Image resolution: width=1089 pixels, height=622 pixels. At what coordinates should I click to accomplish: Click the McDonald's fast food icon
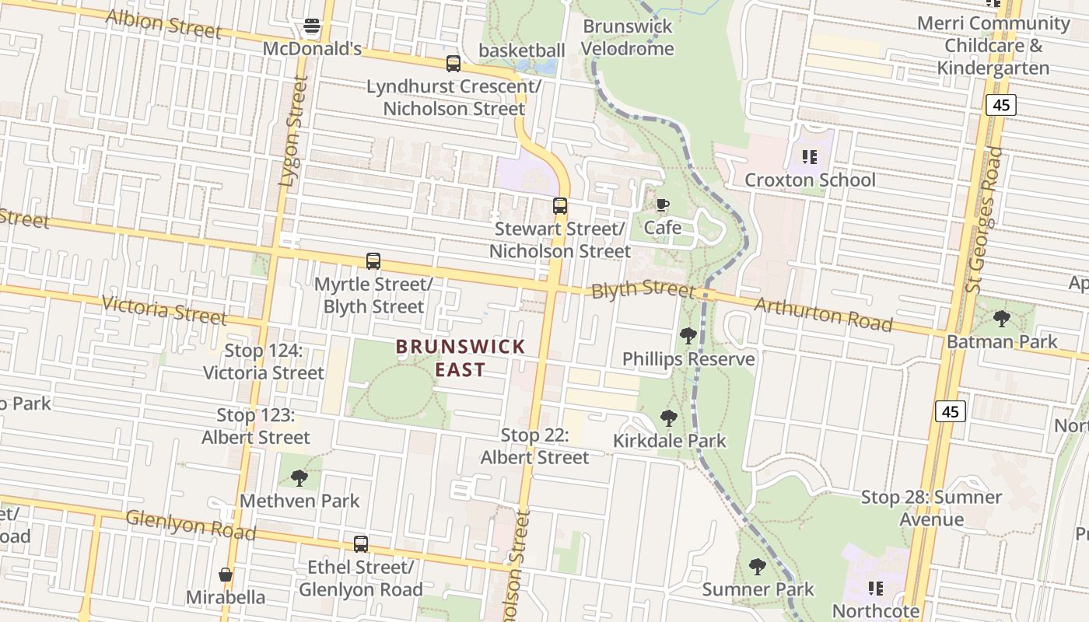point(312,27)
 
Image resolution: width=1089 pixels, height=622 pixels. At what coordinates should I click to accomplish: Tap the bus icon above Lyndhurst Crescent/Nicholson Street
point(453,64)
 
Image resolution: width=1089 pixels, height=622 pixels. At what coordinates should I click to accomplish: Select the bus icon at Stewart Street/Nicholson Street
point(560,206)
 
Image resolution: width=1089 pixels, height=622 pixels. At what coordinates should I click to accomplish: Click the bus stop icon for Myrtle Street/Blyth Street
point(373,261)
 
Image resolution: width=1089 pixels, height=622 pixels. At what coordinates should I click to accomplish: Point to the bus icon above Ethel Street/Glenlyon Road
point(361,544)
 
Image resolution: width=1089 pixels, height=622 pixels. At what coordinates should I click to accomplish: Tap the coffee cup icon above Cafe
point(662,205)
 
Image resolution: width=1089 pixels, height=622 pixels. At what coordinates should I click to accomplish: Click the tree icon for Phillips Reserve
point(688,336)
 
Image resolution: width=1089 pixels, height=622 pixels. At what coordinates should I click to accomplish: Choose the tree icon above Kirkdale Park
point(668,418)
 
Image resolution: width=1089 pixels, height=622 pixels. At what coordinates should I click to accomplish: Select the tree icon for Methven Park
point(299,478)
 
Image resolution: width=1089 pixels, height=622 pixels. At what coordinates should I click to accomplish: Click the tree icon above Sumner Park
point(758,567)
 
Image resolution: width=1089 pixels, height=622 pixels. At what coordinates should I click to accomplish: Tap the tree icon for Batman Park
point(1002,318)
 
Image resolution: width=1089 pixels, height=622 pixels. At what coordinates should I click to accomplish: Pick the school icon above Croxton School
point(810,158)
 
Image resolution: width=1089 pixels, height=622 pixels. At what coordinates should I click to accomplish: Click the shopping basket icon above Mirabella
point(226,575)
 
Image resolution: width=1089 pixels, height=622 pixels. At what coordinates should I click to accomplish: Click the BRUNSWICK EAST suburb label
point(460,358)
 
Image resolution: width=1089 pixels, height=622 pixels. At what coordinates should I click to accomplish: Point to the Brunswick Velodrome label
point(628,37)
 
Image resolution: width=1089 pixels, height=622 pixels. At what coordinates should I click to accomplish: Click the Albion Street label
point(163,23)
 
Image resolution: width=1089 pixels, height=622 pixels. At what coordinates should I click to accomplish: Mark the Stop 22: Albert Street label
point(535,446)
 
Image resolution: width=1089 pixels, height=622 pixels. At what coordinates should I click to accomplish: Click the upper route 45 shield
point(1000,105)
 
